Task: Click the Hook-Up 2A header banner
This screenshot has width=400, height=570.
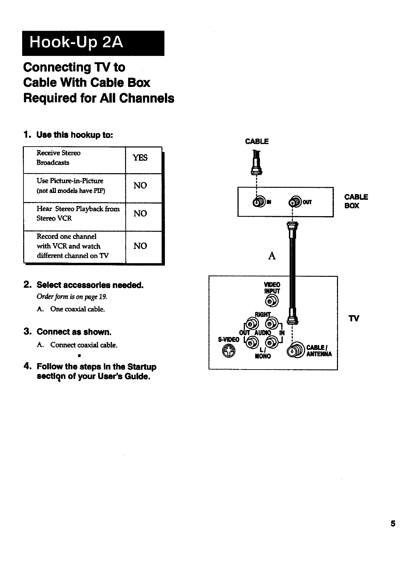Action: [93, 43]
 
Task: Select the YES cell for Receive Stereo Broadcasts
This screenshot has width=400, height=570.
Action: [140, 157]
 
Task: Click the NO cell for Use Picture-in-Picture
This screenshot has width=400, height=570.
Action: [140, 185]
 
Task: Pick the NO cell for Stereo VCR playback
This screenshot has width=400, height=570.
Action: [140, 213]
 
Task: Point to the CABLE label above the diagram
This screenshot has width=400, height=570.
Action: [257, 141]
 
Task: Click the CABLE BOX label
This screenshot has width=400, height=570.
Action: [356, 201]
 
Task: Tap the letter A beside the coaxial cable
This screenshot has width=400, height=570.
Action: [272, 256]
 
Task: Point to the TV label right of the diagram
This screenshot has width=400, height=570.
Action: [354, 319]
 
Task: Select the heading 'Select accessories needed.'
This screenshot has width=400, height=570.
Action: [90, 285]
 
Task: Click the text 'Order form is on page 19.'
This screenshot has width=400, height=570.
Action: [72, 297]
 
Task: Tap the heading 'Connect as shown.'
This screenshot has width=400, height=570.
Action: [74, 332]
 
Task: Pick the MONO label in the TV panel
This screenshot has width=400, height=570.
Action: [263, 356]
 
